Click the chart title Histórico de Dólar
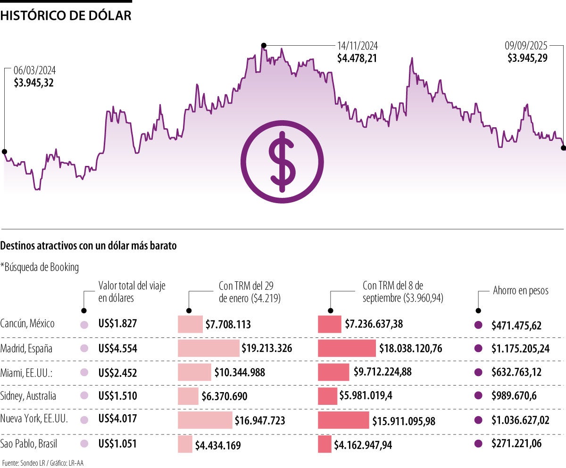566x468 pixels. point(66,16)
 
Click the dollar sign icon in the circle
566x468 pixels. point(282,162)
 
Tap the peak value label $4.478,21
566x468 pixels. point(357,58)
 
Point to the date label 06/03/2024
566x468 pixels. point(35,71)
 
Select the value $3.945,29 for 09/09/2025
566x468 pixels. point(527,58)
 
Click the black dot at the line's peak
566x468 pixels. point(264,45)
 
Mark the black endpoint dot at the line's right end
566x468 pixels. point(563,148)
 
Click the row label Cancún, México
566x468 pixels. point(27,324)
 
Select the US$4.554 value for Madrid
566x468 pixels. point(117,349)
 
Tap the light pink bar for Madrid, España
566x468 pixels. point(208,348)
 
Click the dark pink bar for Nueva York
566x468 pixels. point(343,420)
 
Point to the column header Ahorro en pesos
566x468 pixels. point(521,290)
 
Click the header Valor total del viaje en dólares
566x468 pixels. point(132,291)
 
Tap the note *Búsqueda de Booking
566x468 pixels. point(40,267)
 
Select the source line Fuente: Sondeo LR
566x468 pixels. point(22,463)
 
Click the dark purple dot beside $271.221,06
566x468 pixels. point(478,443)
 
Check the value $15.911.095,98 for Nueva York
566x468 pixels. point(404,420)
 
